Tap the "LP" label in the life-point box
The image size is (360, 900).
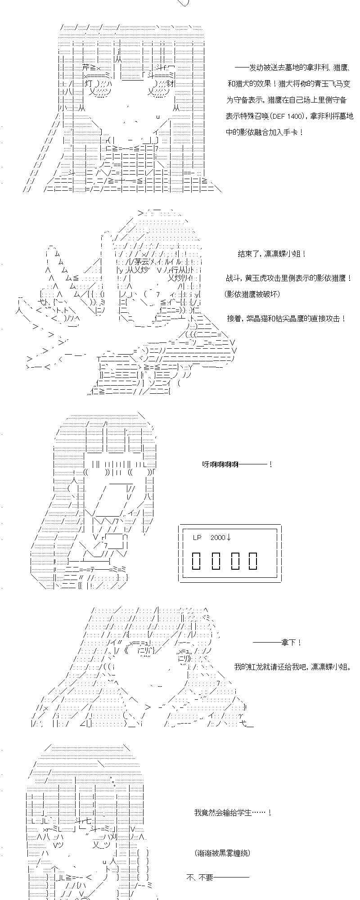pos(198,537)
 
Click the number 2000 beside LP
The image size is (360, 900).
pos(217,537)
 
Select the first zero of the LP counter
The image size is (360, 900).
pos(197,560)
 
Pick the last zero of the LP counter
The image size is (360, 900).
pos(253,560)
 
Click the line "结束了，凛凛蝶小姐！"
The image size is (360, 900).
pos(272,254)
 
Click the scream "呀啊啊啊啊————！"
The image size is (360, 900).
pos(237,464)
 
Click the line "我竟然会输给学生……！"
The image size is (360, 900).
pos(233,813)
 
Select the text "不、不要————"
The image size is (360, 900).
pos(217,877)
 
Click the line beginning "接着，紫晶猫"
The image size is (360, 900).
pos(287,318)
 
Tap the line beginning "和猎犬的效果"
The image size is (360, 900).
pos(289,83)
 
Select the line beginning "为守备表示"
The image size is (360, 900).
pos(289,99)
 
